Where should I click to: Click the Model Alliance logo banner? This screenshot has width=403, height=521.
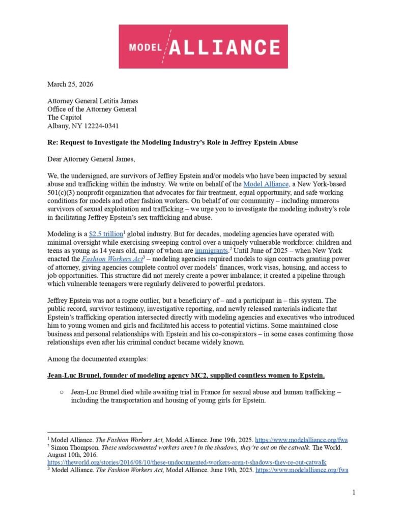(203, 46)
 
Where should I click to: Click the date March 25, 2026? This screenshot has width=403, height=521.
(70, 84)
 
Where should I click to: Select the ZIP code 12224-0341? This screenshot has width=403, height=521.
(102, 126)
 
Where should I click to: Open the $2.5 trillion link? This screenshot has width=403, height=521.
(104, 234)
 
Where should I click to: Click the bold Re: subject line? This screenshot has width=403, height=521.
(172, 142)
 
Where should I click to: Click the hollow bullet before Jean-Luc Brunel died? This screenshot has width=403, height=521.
(61, 393)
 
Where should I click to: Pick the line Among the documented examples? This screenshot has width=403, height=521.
(97, 359)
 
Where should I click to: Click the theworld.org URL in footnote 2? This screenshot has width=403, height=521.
(187, 462)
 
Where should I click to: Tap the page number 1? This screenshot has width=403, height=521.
(353, 492)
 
